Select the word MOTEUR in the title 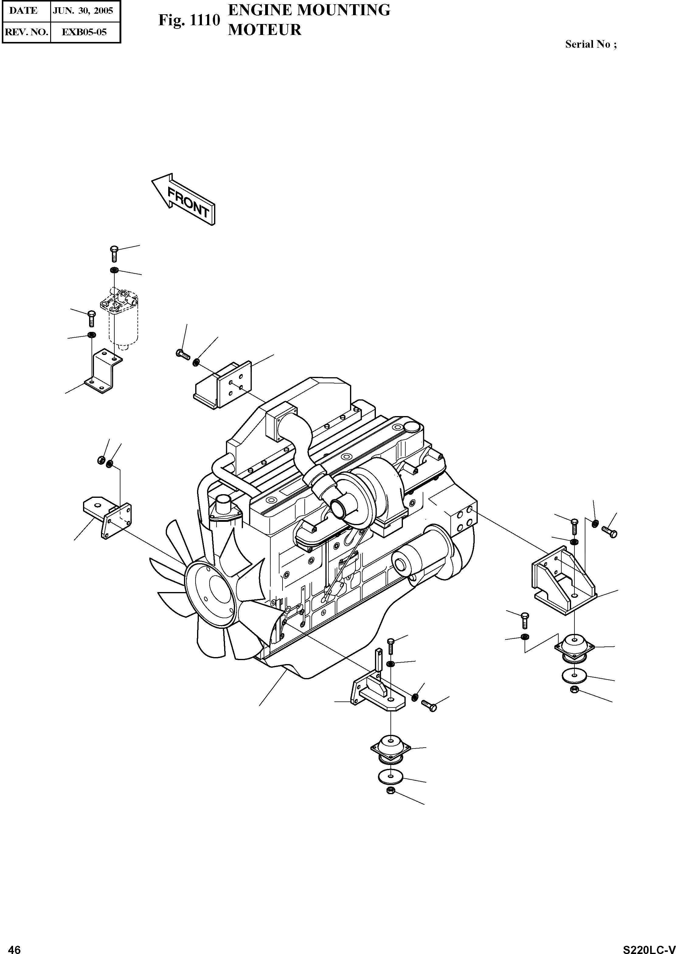point(265,30)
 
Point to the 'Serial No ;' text point(591,44)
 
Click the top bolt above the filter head point(114,253)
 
